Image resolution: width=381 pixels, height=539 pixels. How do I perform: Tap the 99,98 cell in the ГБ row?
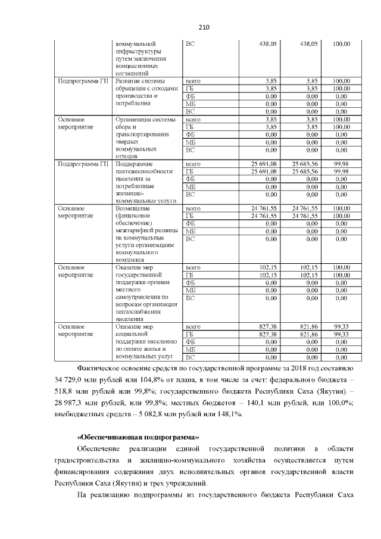pos(341,172)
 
